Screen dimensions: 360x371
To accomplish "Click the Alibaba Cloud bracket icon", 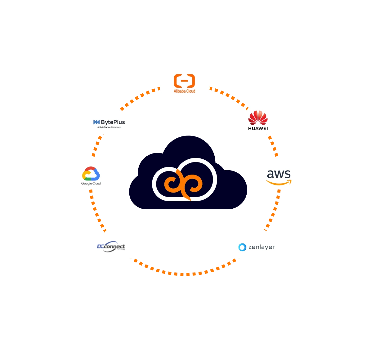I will (184, 81).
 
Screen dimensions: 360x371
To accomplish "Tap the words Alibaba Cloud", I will (184, 91).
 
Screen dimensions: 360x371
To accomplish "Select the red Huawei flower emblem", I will (258, 118).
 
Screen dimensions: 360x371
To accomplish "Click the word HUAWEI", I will (258, 128).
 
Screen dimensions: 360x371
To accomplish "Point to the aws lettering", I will (279, 174).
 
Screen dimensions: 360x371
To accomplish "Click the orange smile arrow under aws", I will (279, 183).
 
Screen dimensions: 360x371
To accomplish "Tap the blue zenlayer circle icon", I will (242, 247).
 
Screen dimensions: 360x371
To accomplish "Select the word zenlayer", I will (261, 247).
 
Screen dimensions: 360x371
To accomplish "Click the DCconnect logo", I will (111, 247).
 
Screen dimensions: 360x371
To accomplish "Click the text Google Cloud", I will (91, 184).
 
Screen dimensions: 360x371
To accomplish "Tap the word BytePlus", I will (113, 122).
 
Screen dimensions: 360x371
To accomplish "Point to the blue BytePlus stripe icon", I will (96, 122).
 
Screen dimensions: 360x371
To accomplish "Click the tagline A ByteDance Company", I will (109, 127).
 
